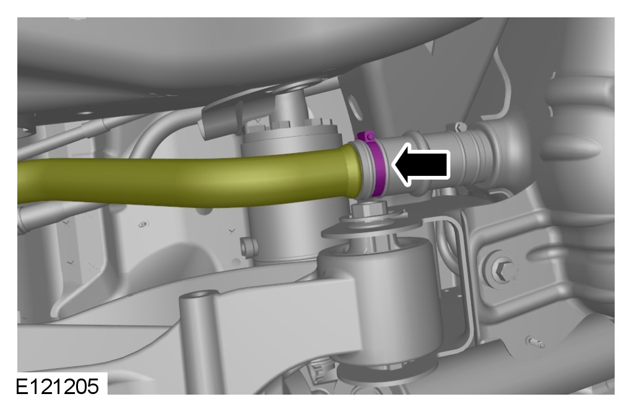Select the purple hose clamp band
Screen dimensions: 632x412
(378, 166)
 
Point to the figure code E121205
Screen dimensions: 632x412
(57, 387)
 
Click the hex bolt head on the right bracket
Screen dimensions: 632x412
(501, 268)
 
